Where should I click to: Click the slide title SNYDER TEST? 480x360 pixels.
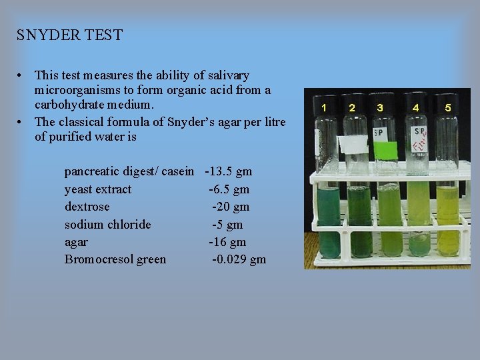tap(70, 35)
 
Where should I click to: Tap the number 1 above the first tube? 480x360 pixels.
tap(324, 107)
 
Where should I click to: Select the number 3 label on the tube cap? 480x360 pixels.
tap(380, 107)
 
